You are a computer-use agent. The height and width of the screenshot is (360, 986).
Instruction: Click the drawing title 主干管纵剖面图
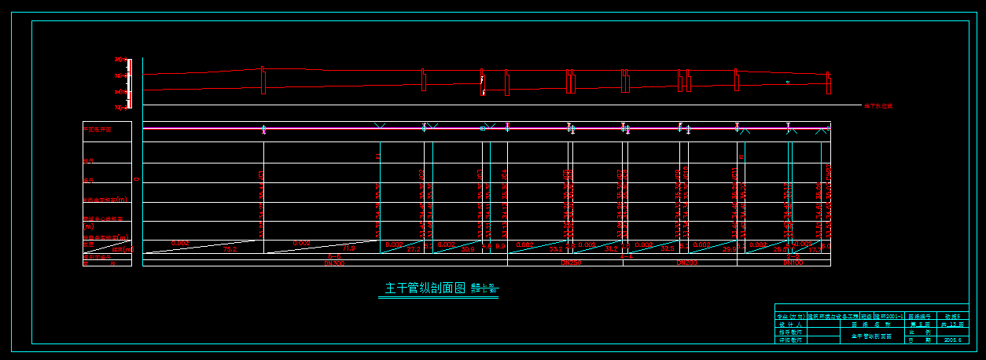point(425,288)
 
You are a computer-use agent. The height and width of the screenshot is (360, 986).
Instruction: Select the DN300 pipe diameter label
point(334,263)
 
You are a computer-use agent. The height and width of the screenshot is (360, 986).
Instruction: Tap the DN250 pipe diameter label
point(570,263)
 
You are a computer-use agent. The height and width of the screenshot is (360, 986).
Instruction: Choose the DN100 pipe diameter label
point(793,263)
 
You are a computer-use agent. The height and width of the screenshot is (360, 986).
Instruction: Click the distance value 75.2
point(230,249)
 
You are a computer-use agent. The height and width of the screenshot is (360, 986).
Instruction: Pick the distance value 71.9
point(349,249)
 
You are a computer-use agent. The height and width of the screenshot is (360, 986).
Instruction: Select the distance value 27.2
point(414,249)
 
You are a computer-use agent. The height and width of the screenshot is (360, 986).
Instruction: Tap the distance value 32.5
point(668,249)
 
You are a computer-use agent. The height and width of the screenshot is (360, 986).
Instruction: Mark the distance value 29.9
point(728,249)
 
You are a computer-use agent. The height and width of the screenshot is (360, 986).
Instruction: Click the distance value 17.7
point(815,249)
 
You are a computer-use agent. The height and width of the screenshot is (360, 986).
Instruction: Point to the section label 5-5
point(334,257)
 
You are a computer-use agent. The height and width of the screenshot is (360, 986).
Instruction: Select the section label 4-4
point(627,257)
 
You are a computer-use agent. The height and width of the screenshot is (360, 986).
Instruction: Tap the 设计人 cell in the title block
point(790,324)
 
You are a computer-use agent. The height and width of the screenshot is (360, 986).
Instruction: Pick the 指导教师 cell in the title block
point(790,332)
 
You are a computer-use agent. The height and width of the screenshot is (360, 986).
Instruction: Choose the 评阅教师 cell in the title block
point(790,340)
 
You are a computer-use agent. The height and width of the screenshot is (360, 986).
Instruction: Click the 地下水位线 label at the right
point(878,105)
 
